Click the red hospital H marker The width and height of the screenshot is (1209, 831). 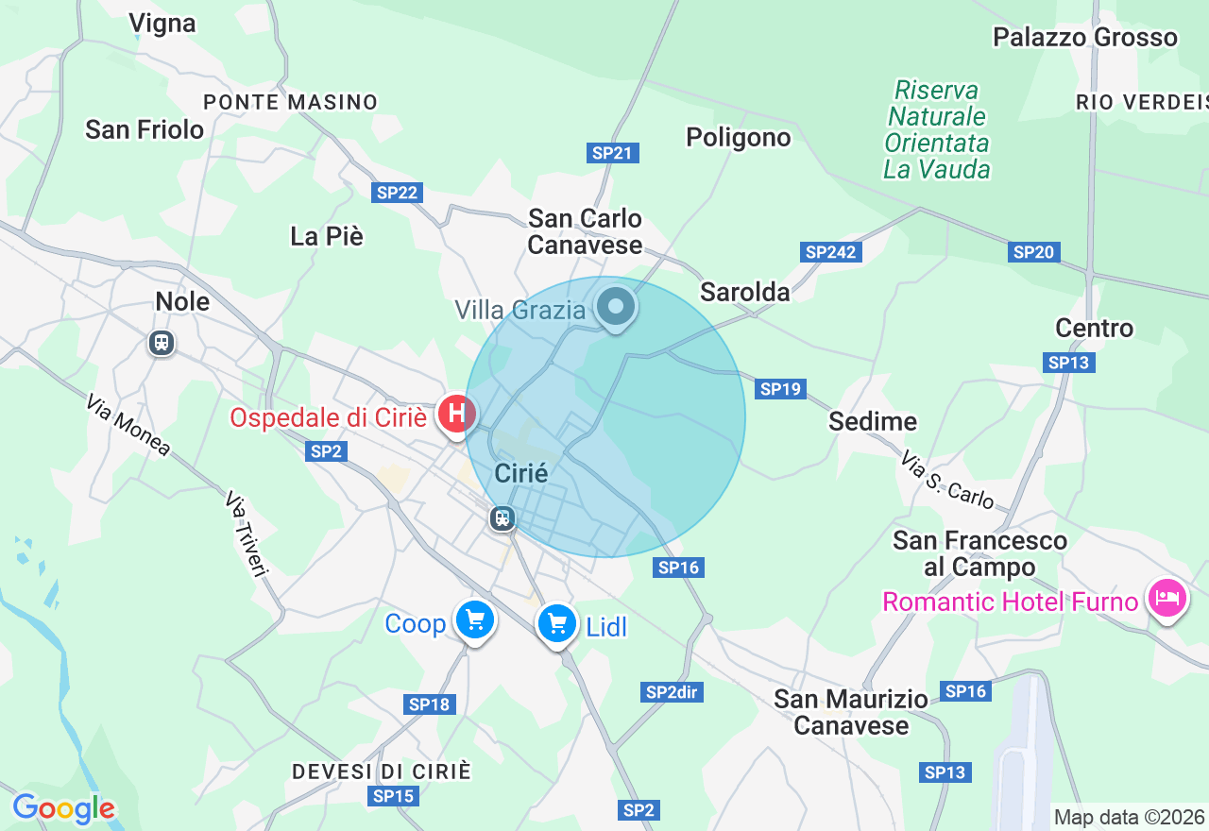(x=457, y=414)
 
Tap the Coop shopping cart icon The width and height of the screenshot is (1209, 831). (x=474, y=620)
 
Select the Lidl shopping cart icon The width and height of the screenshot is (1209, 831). (x=557, y=623)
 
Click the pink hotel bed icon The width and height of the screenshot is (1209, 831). (x=1167, y=598)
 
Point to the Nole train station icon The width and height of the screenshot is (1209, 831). (x=162, y=342)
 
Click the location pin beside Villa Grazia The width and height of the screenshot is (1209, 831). (x=617, y=307)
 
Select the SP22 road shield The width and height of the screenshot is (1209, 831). (x=397, y=193)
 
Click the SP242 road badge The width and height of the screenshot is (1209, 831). (x=830, y=252)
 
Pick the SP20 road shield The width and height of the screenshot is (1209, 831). (x=1033, y=252)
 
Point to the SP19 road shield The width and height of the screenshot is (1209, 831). (x=780, y=388)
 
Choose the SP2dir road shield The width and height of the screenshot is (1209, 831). (x=672, y=692)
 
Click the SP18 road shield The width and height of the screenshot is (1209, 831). (x=430, y=704)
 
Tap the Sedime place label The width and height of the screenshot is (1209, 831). (x=873, y=421)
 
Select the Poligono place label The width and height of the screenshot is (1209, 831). (x=738, y=138)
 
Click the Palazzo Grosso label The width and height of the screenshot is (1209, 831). (x=1085, y=38)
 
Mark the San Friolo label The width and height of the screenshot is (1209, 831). (x=145, y=129)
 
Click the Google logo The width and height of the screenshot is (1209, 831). (x=63, y=808)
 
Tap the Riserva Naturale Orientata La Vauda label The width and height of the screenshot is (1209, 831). (x=937, y=130)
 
